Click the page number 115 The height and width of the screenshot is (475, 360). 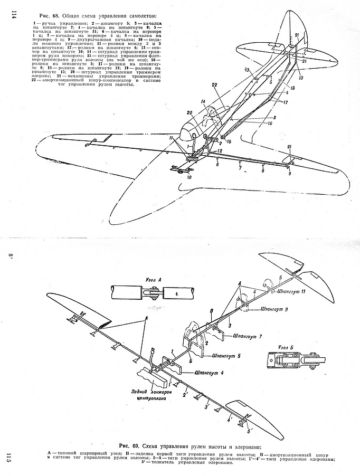[7, 457]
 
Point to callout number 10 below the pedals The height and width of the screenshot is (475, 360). [188, 177]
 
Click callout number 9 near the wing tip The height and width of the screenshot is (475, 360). [290, 173]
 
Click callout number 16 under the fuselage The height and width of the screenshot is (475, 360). [269, 122]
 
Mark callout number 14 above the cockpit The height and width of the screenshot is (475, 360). [202, 101]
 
